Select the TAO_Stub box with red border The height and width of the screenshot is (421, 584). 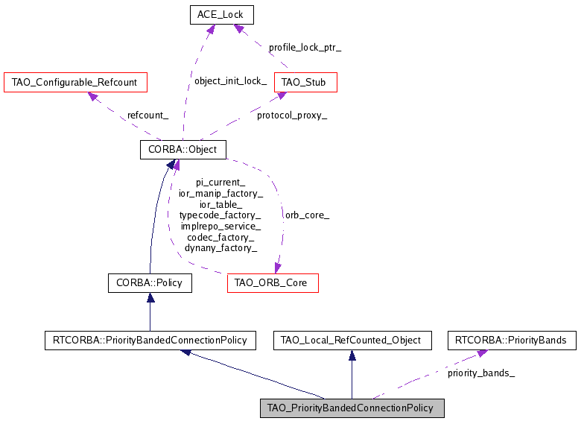(305, 82)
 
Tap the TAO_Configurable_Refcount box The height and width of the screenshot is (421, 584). (75, 82)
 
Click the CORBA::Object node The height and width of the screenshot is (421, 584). (182, 150)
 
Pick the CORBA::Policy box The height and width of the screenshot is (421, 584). (150, 283)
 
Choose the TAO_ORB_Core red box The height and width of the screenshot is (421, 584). (273, 283)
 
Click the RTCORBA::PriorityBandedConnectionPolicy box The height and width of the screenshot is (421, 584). (150, 341)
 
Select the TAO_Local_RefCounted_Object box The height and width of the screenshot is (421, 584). (352, 341)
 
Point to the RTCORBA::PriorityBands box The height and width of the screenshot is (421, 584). (512, 341)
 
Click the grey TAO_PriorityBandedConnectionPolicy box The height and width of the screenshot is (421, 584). (351, 408)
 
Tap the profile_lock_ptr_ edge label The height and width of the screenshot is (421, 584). (305, 47)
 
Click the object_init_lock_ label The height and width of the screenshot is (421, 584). (230, 81)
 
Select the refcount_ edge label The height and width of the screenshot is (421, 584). (147, 115)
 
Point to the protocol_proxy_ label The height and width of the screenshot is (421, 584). (292, 115)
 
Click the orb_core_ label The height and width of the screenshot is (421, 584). (306, 215)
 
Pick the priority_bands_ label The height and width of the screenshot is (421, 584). (481, 373)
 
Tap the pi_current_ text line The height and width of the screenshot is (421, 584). (220, 183)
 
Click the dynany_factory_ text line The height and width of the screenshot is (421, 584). (220, 248)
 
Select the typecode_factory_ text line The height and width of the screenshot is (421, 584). (220, 215)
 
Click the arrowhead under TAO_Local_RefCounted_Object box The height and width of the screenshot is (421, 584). (352, 355)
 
